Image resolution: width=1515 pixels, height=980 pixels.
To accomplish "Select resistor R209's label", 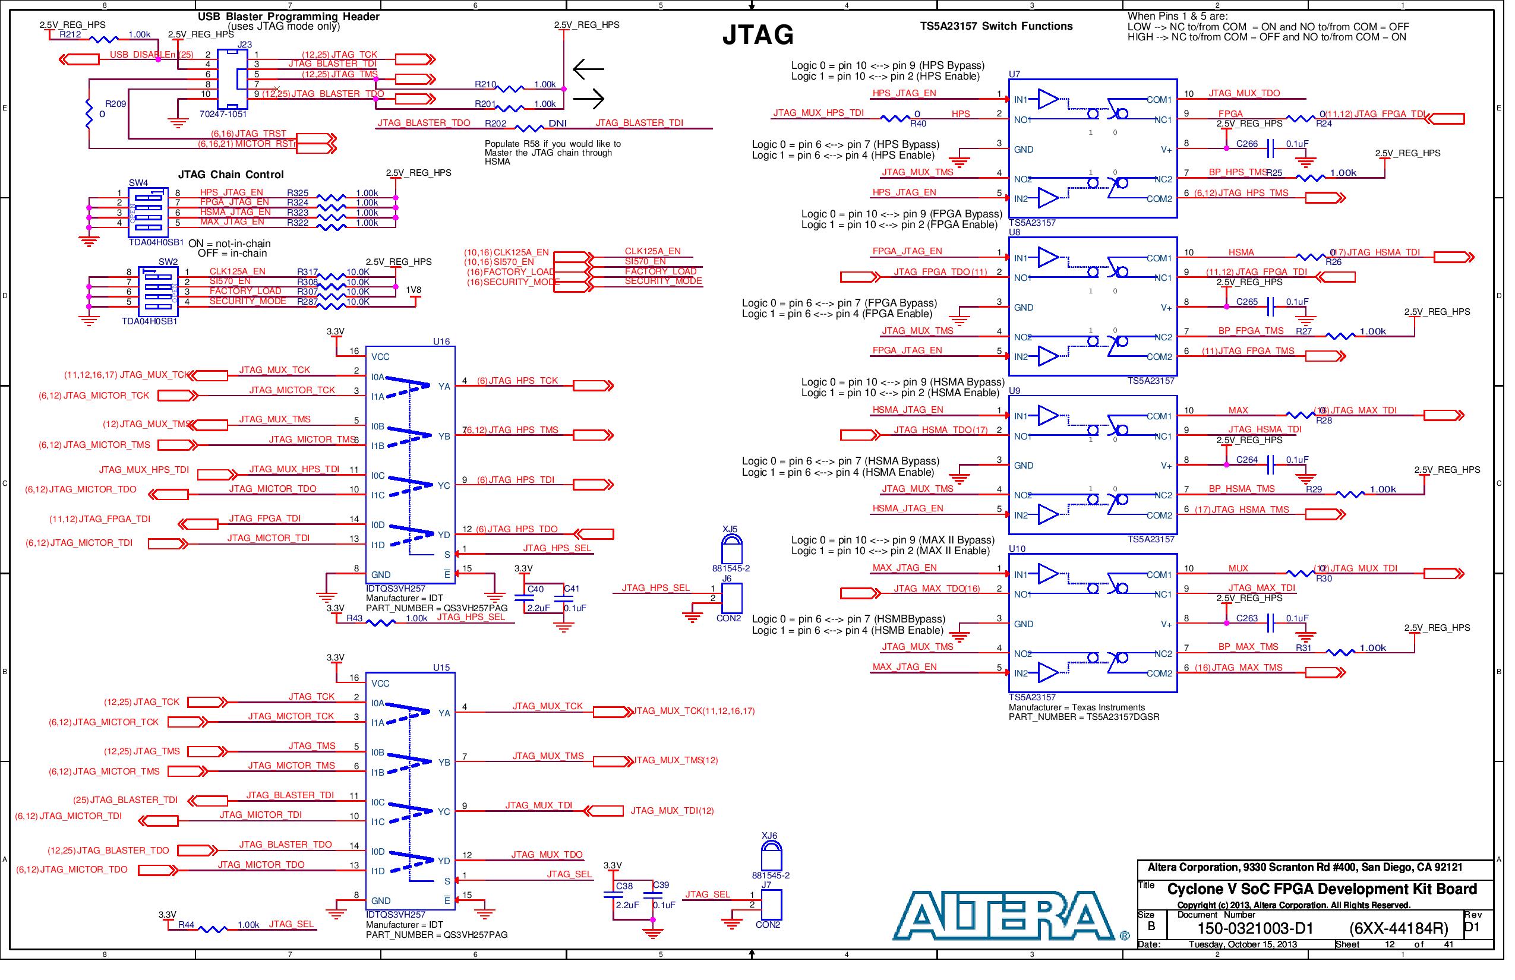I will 116,105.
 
